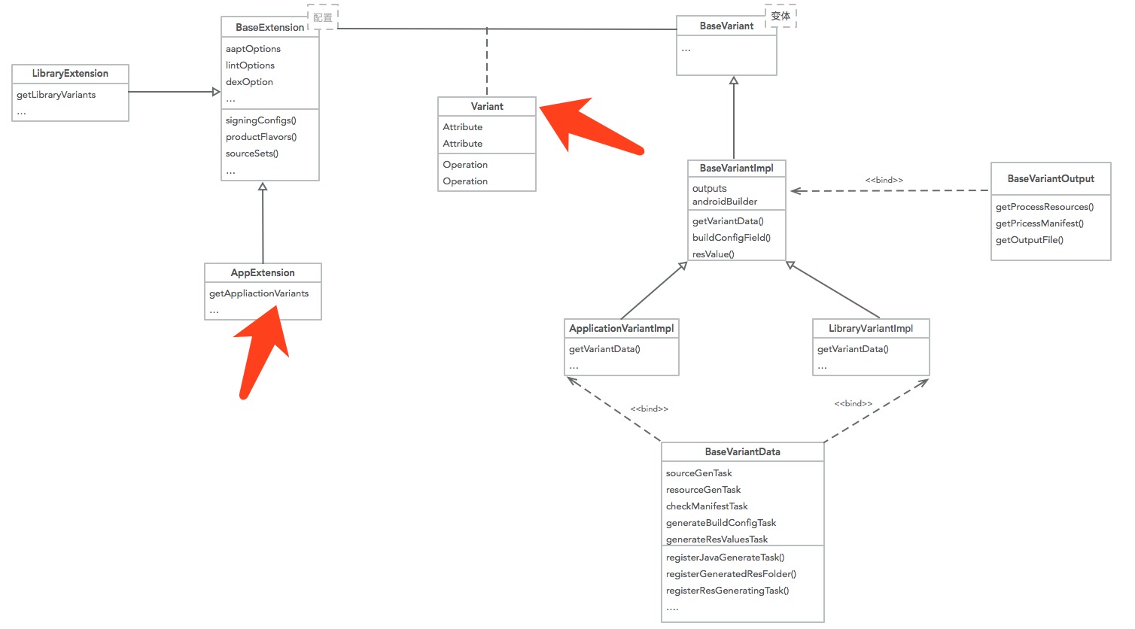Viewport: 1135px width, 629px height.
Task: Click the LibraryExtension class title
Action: pos(70,74)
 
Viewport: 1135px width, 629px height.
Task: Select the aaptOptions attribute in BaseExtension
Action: pos(253,49)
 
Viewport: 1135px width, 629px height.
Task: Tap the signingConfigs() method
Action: pos(260,120)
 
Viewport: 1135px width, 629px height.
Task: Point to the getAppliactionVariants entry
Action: pos(259,293)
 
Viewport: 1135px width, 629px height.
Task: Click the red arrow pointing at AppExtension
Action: pos(260,354)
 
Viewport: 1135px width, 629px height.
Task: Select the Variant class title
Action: pos(487,107)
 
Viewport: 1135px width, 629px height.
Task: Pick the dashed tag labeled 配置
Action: pos(323,17)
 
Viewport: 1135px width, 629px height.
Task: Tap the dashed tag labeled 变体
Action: pos(781,16)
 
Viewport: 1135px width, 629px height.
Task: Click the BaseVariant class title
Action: pos(726,26)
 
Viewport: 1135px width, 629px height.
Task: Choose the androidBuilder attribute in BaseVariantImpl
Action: pos(724,202)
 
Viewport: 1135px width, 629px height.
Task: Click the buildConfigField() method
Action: pos(731,238)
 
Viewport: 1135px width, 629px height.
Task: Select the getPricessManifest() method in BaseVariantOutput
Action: pos(1039,223)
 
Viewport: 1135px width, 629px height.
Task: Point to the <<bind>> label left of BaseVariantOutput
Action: pos(884,181)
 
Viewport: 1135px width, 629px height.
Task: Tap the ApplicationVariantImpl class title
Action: pos(621,329)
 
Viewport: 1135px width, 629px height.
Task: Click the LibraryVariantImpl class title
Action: pos(870,329)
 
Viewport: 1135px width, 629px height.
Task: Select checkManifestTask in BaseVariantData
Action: pos(706,506)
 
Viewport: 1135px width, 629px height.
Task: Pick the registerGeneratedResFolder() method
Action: pos(731,574)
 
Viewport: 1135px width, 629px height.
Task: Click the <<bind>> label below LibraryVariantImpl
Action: pos(853,404)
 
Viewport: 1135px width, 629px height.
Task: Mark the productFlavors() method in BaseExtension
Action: pos(261,137)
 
